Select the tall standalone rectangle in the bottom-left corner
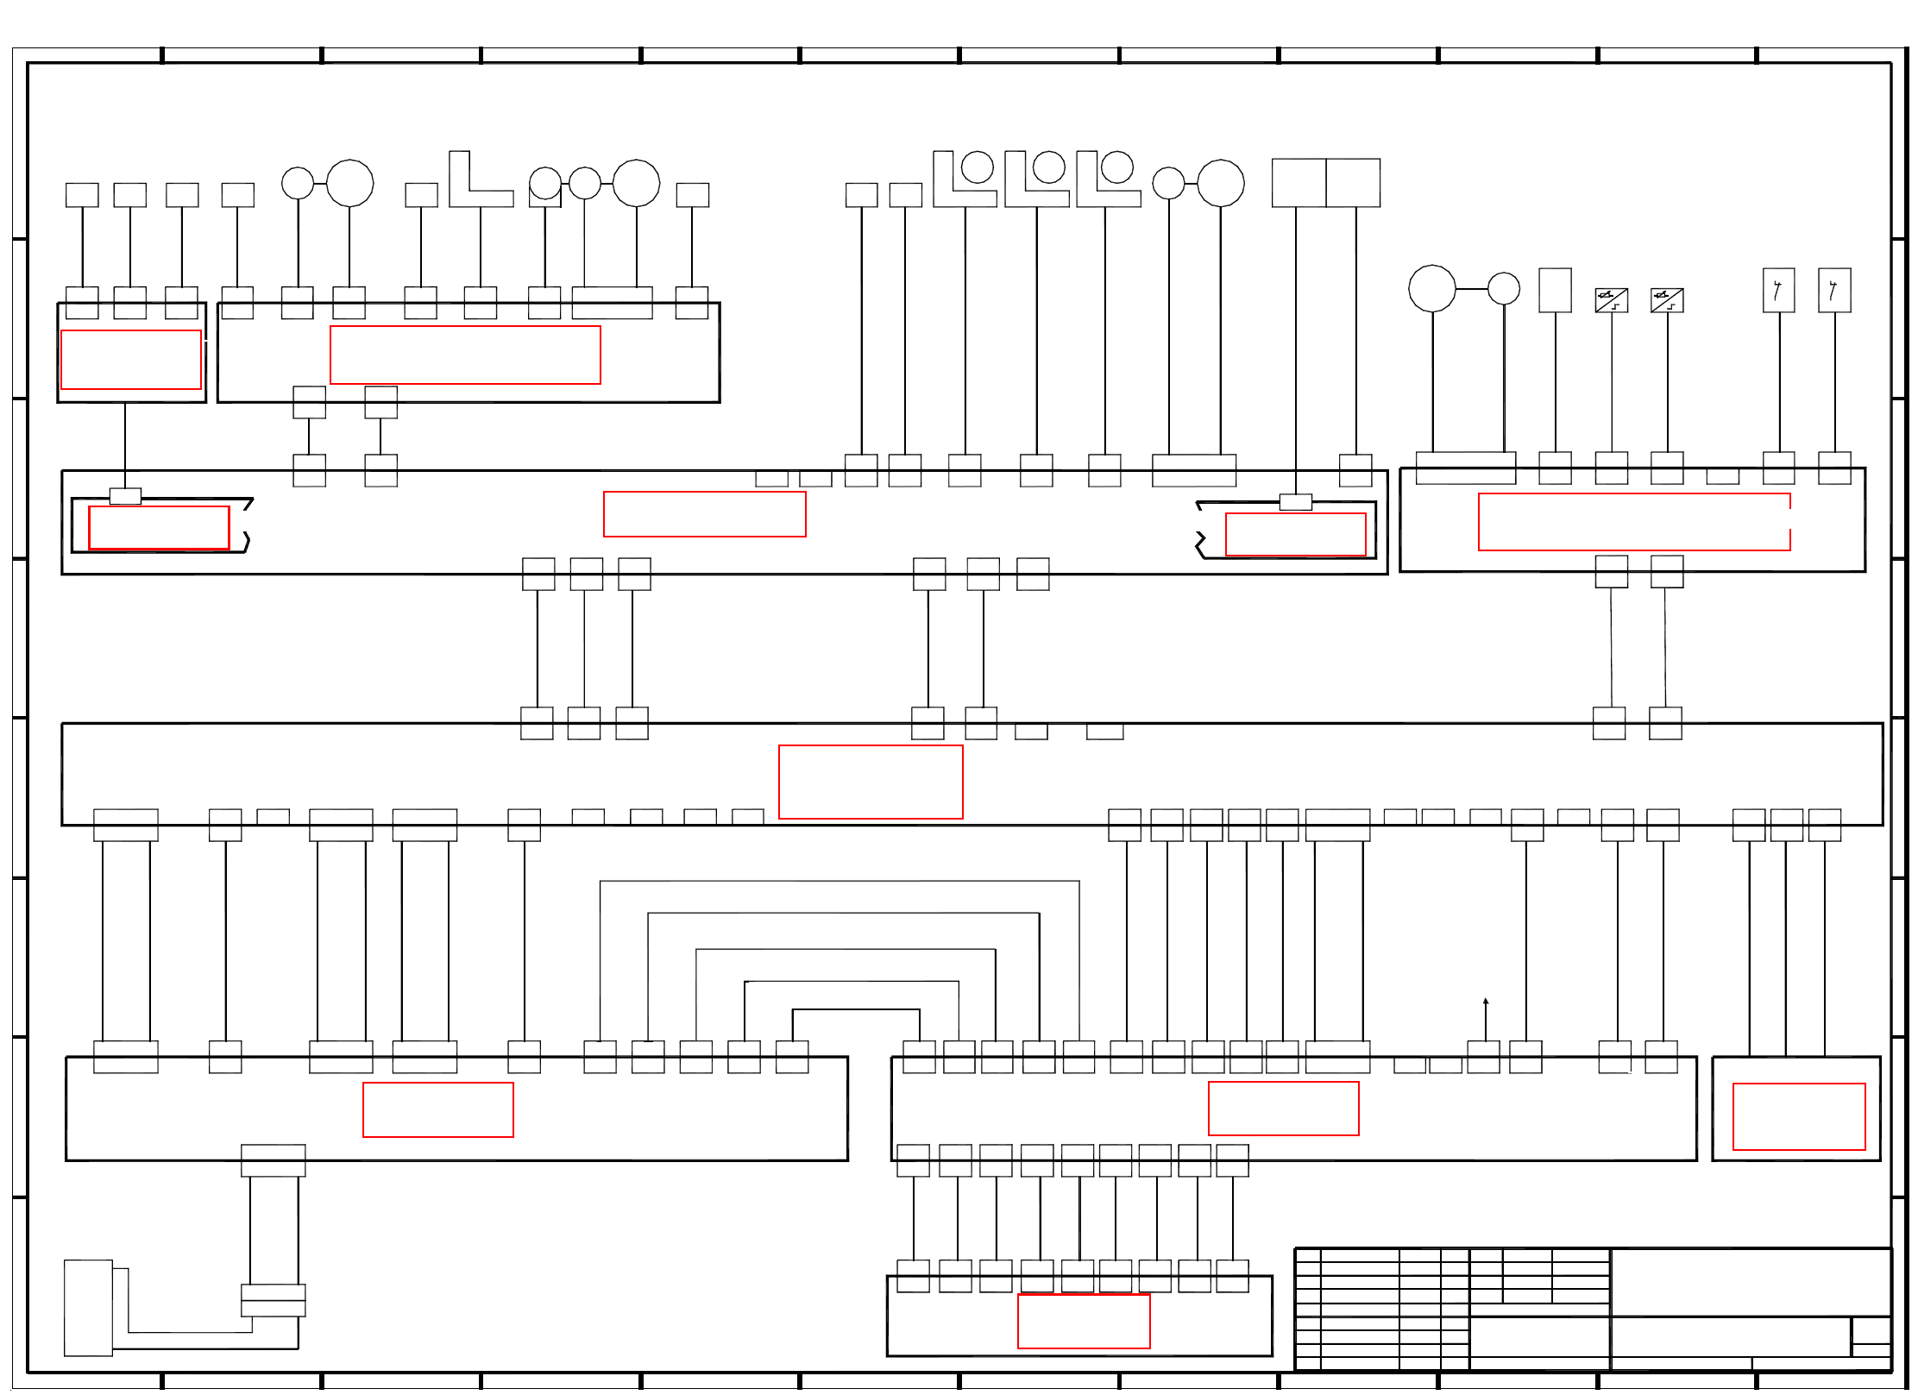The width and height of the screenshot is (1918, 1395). point(88,1308)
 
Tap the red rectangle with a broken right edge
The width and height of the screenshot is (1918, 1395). point(1634,522)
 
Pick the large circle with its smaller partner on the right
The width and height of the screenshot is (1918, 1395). point(1432,288)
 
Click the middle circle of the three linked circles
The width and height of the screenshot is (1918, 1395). point(585,183)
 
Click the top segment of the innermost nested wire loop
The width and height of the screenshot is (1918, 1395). point(856,1009)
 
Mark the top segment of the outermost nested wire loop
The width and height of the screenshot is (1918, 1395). point(840,881)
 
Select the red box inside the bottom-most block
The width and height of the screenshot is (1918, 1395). point(1084,1321)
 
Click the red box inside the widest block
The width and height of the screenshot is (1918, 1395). point(871,782)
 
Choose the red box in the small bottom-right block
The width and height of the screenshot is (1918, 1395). point(1799,1116)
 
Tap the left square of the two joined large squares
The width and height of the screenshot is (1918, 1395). point(1299,183)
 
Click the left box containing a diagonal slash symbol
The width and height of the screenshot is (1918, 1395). point(1611,300)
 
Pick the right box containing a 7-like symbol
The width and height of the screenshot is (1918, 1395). point(1834,290)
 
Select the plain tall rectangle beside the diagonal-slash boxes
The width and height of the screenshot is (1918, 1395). point(1555,290)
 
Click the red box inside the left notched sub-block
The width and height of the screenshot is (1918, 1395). point(159,527)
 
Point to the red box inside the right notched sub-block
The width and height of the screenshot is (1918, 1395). point(1295,535)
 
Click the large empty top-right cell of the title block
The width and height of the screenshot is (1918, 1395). point(1751,1281)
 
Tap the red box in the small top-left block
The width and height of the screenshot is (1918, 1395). point(131,360)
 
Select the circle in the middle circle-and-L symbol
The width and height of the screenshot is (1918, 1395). point(1049,167)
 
